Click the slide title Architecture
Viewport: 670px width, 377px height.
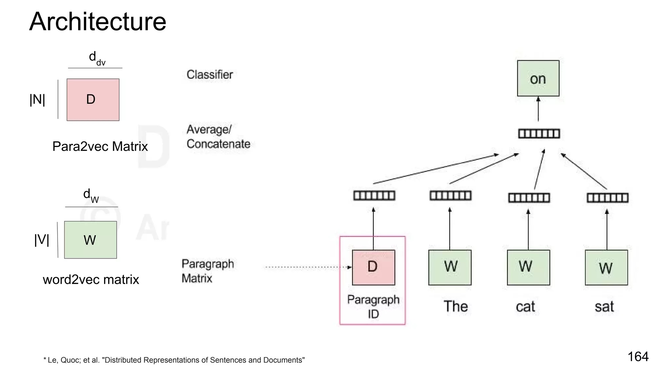point(97,22)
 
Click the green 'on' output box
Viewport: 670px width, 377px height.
point(538,78)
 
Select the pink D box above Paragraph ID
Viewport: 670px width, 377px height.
point(373,267)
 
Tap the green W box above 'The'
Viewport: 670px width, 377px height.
point(450,267)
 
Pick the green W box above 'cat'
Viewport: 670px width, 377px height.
point(528,267)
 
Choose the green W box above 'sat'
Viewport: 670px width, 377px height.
point(606,267)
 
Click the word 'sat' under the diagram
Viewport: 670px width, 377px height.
point(604,307)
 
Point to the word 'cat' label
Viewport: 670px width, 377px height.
point(525,307)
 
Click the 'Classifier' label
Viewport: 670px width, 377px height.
point(210,75)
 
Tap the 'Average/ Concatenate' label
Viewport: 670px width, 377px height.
point(218,137)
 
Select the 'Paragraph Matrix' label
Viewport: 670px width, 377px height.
point(207,271)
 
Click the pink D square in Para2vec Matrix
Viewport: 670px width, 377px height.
point(93,99)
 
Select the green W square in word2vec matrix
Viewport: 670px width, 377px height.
point(90,240)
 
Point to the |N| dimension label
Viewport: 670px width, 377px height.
point(37,99)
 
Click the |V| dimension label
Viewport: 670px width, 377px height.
point(42,240)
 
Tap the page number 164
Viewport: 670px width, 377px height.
point(638,356)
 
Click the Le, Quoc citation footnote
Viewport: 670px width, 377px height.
point(174,360)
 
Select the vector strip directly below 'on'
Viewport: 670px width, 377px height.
point(539,134)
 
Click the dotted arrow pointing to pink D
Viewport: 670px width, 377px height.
point(308,267)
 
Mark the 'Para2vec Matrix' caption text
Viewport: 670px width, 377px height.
point(100,146)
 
